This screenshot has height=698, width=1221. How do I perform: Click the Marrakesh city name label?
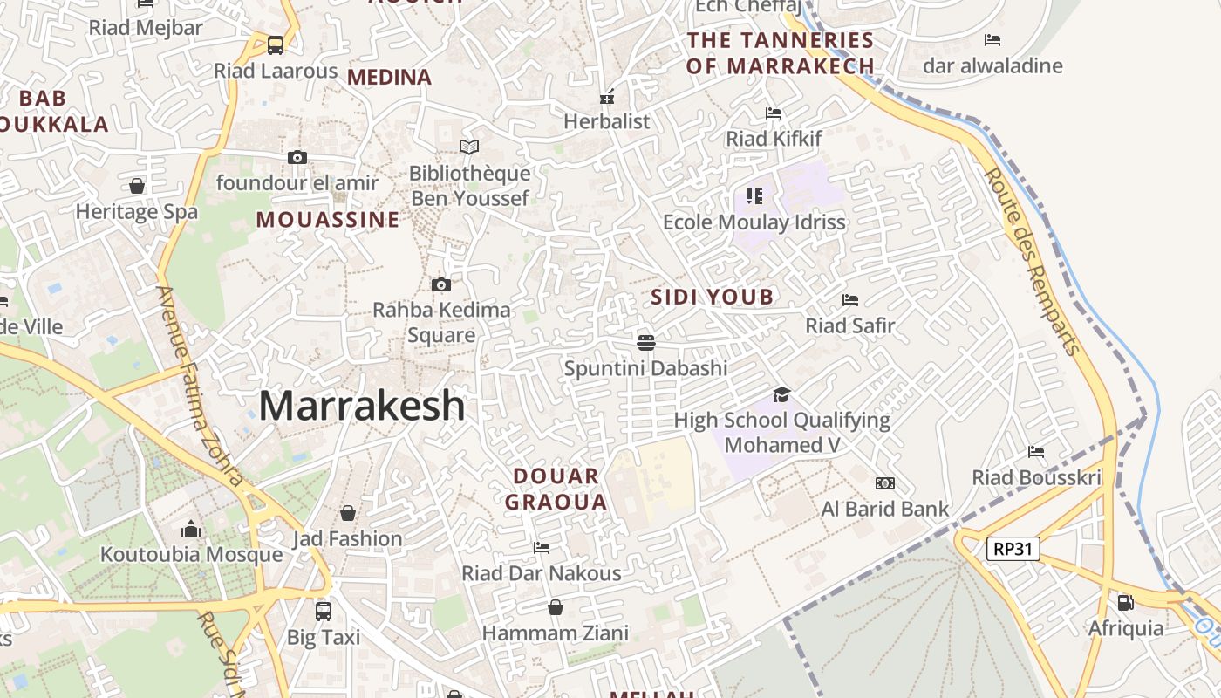pyautogui.click(x=362, y=406)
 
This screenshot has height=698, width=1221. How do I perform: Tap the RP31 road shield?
pyautogui.click(x=1013, y=549)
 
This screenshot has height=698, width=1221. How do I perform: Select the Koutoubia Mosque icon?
pyautogui.click(x=190, y=529)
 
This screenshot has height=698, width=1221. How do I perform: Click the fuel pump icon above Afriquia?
pyautogui.click(x=1126, y=602)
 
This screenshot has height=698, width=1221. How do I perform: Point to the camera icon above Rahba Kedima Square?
pyautogui.click(x=441, y=284)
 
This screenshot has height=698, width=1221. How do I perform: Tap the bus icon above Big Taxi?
pyautogui.click(x=324, y=611)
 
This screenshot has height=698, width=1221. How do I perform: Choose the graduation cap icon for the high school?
pyautogui.click(x=781, y=394)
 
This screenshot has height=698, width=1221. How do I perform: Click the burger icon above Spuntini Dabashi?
pyautogui.click(x=645, y=342)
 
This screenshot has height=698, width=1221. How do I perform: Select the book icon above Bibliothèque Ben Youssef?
pyautogui.click(x=469, y=147)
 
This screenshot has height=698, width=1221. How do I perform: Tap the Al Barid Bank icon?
pyautogui.click(x=885, y=483)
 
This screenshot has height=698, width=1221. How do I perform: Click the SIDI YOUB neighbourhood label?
pyautogui.click(x=713, y=297)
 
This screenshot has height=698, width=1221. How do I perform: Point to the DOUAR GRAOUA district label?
pyautogui.click(x=556, y=489)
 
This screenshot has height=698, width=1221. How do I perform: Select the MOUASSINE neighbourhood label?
pyautogui.click(x=327, y=220)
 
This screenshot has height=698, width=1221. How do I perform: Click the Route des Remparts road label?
pyautogui.click(x=1033, y=262)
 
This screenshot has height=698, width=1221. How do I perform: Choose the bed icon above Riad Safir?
pyautogui.click(x=850, y=300)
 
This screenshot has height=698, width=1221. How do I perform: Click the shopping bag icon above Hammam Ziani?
pyautogui.click(x=556, y=607)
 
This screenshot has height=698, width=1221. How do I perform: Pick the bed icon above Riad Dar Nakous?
pyautogui.click(x=542, y=548)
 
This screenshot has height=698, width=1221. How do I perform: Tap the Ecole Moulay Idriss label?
pyautogui.click(x=754, y=222)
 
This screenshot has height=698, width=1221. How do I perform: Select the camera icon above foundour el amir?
pyautogui.click(x=297, y=157)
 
